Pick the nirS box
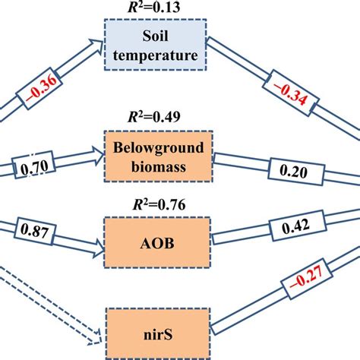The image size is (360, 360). pos(158,331)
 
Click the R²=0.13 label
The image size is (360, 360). pos(156,8)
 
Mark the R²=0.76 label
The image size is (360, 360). pos(156,204)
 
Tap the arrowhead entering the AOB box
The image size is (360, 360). pos(97,248)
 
